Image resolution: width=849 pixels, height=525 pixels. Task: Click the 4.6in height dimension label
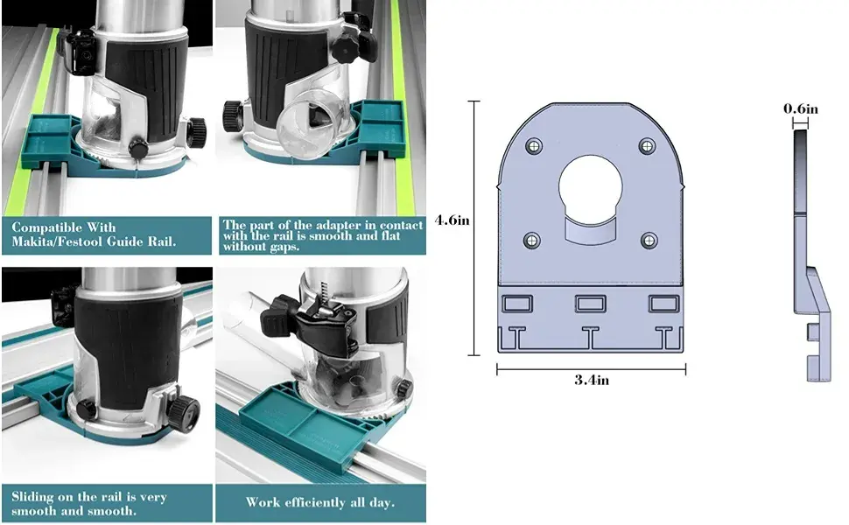tap(453, 220)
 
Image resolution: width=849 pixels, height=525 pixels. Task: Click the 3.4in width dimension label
tap(592, 380)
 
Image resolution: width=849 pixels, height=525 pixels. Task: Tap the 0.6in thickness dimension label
tap(801, 108)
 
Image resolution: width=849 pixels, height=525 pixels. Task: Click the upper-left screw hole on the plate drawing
tap(534, 145)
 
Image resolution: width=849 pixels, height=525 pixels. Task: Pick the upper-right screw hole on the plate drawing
tap(647, 145)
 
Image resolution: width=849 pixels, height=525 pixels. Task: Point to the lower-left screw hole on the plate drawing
tap(531, 240)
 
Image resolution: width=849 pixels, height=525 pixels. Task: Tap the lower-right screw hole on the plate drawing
tap(649, 240)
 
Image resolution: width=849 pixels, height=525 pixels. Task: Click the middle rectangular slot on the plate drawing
tap(590, 303)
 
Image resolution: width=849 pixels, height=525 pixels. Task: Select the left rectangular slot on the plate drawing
tap(517, 303)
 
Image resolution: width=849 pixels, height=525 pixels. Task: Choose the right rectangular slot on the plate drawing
tap(663, 303)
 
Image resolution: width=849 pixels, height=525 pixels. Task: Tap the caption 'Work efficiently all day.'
tap(320, 502)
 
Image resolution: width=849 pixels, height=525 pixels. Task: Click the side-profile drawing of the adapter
tap(811, 255)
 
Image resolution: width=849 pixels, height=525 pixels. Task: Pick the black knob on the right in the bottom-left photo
tap(184, 413)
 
